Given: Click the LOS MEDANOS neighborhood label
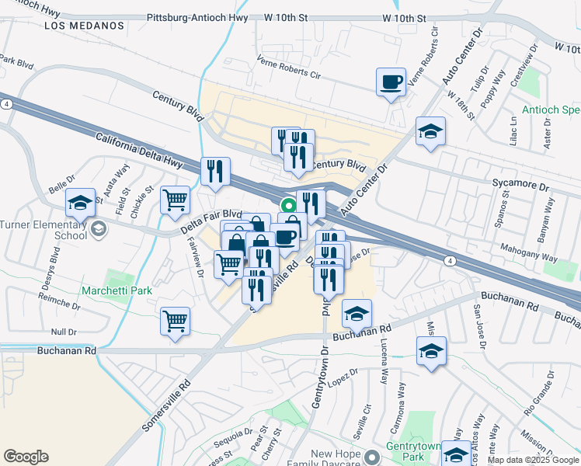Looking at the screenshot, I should (84, 26).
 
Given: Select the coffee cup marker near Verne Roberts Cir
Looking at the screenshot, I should (391, 82).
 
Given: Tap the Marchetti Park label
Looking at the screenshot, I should (116, 292).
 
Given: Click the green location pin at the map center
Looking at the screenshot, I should (288, 207).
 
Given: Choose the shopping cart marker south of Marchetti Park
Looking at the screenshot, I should (176, 321).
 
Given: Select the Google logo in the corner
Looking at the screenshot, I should (26, 457).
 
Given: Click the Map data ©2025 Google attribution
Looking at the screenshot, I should (533, 460).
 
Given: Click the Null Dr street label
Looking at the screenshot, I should (62, 332).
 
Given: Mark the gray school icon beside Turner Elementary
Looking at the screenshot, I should (99, 229).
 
